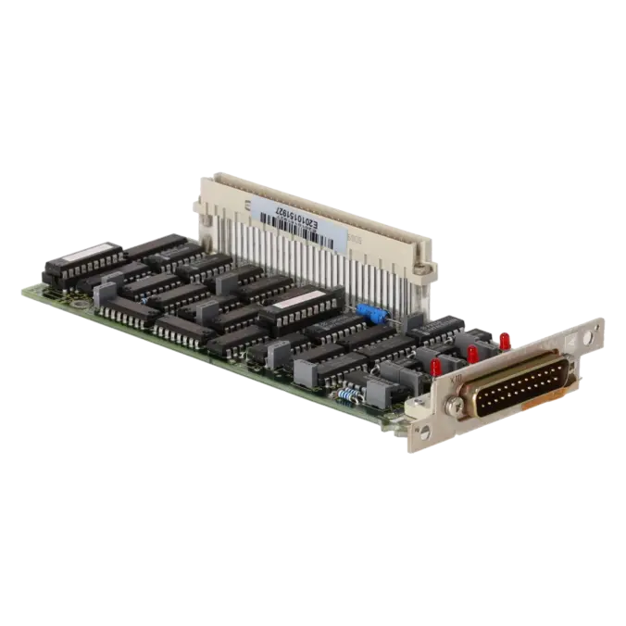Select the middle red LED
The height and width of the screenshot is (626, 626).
pyautogui.click(x=472, y=353)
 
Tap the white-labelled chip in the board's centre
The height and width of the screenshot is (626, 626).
pyautogui.click(x=305, y=302)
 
